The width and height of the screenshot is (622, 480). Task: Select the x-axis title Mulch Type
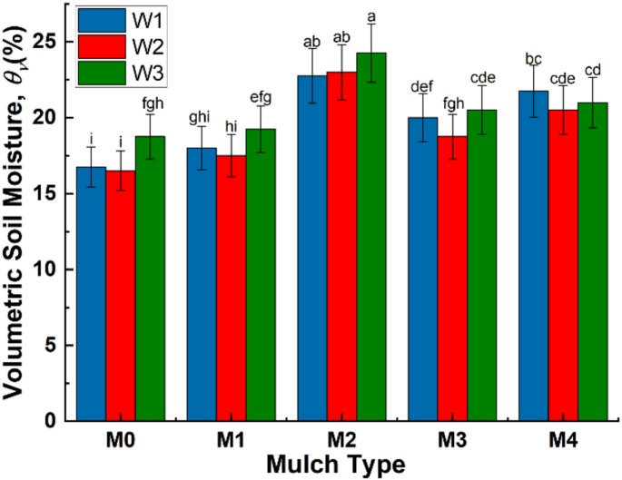[x=336, y=464]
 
